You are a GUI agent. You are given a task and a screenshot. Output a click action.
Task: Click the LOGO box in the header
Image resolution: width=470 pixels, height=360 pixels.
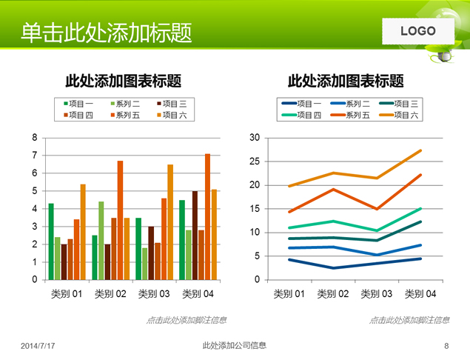tap(418, 31)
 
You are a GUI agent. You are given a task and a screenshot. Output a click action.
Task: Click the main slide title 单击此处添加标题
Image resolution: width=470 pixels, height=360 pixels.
tap(107, 33)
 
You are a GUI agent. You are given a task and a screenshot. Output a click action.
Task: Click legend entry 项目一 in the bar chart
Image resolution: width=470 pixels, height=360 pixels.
tap(79, 104)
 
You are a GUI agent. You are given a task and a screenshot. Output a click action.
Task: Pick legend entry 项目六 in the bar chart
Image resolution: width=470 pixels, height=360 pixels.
tap(173, 115)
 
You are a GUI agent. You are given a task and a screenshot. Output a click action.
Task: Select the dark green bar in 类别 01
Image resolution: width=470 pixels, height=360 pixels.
tap(51, 241)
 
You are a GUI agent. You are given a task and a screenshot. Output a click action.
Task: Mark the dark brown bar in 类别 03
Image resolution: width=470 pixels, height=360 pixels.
tap(151, 253)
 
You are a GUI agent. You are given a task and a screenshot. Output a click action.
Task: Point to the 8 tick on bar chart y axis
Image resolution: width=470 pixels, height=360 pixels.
tap(34, 138)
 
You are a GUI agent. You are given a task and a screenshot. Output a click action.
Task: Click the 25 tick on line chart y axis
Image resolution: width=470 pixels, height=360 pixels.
tap(255, 161)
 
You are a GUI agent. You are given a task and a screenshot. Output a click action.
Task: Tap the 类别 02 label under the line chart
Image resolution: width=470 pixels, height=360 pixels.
tap(333, 294)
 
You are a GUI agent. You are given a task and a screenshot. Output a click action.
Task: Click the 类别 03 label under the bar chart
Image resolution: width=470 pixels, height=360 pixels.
tap(154, 294)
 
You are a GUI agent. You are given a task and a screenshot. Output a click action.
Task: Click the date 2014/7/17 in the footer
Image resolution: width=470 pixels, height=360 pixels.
tap(38, 346)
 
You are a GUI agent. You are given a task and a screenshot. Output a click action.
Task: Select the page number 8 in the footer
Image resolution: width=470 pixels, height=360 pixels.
tap(446, 346)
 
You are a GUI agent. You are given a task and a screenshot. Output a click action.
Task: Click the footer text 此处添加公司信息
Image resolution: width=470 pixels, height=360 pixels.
tap(234, 345)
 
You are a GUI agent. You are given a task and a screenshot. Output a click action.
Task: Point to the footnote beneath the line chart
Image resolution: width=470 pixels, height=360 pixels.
tap(409, 320)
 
